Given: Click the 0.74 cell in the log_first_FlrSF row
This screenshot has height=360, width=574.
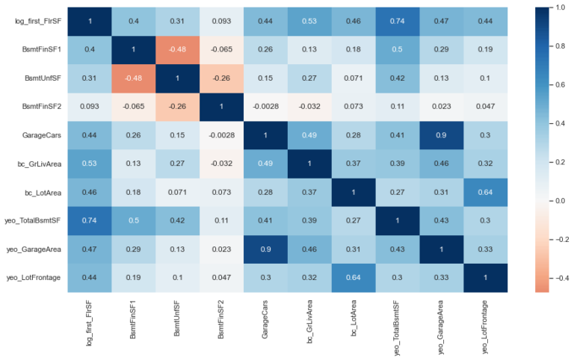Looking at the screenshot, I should pos(398,21).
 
